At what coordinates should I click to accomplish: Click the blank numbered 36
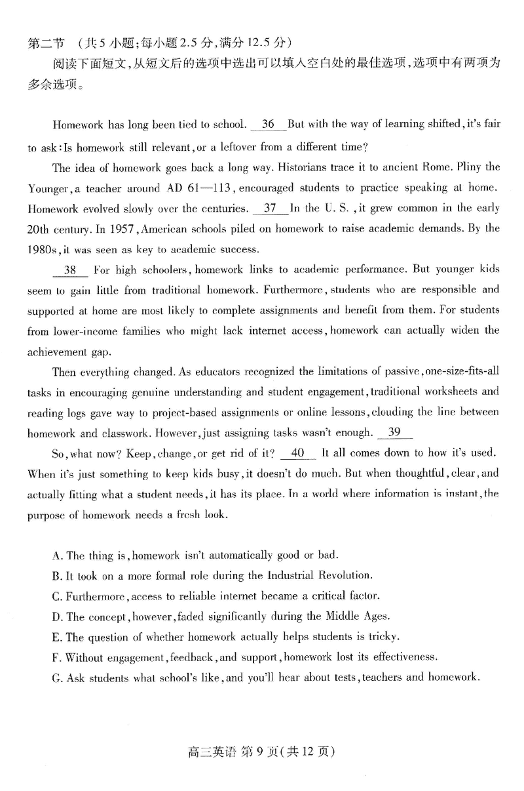(268, 125)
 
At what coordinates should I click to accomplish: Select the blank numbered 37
(269, 209)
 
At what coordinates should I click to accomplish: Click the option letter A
(56, 556)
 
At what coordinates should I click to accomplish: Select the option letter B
(56, 576)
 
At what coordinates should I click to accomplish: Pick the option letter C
(56, 596)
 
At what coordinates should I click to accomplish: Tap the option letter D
(56, 617)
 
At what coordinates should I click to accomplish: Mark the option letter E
(56, 637)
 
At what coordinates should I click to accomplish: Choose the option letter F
(56, 657)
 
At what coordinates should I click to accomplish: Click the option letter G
(56, 678)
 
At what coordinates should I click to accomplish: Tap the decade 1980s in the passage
(43, 249)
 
